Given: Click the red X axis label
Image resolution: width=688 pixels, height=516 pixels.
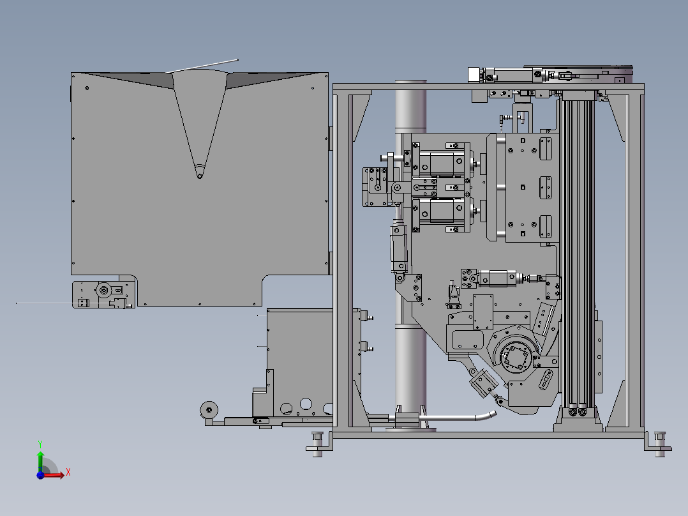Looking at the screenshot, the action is [68, 473].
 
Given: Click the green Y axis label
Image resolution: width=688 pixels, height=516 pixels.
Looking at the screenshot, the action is [40, 444].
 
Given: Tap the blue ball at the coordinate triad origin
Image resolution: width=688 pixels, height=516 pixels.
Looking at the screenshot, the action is [40, 475].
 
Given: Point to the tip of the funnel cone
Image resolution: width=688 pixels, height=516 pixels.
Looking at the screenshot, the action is [200, 176].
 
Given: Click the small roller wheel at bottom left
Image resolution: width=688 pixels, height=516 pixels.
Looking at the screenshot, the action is [209, 410].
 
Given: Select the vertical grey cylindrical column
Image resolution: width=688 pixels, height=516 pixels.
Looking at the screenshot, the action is [411, 255].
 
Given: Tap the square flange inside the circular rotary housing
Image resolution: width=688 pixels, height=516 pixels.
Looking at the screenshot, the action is [516, 356].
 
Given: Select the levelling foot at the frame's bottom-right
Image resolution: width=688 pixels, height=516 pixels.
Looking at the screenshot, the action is [659, 444].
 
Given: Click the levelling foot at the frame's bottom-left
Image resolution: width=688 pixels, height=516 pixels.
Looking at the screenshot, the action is [318, 444].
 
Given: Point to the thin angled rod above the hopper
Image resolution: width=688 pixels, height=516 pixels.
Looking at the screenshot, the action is [202, 66].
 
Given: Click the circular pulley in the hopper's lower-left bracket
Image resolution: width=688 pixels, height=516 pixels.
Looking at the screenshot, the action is [104, 290].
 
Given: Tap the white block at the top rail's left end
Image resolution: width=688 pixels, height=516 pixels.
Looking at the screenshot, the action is [474, 75].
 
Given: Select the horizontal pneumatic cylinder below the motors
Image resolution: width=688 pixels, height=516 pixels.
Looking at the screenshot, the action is [498, 278].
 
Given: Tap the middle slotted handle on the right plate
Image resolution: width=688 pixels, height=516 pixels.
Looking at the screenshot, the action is [546, 188].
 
